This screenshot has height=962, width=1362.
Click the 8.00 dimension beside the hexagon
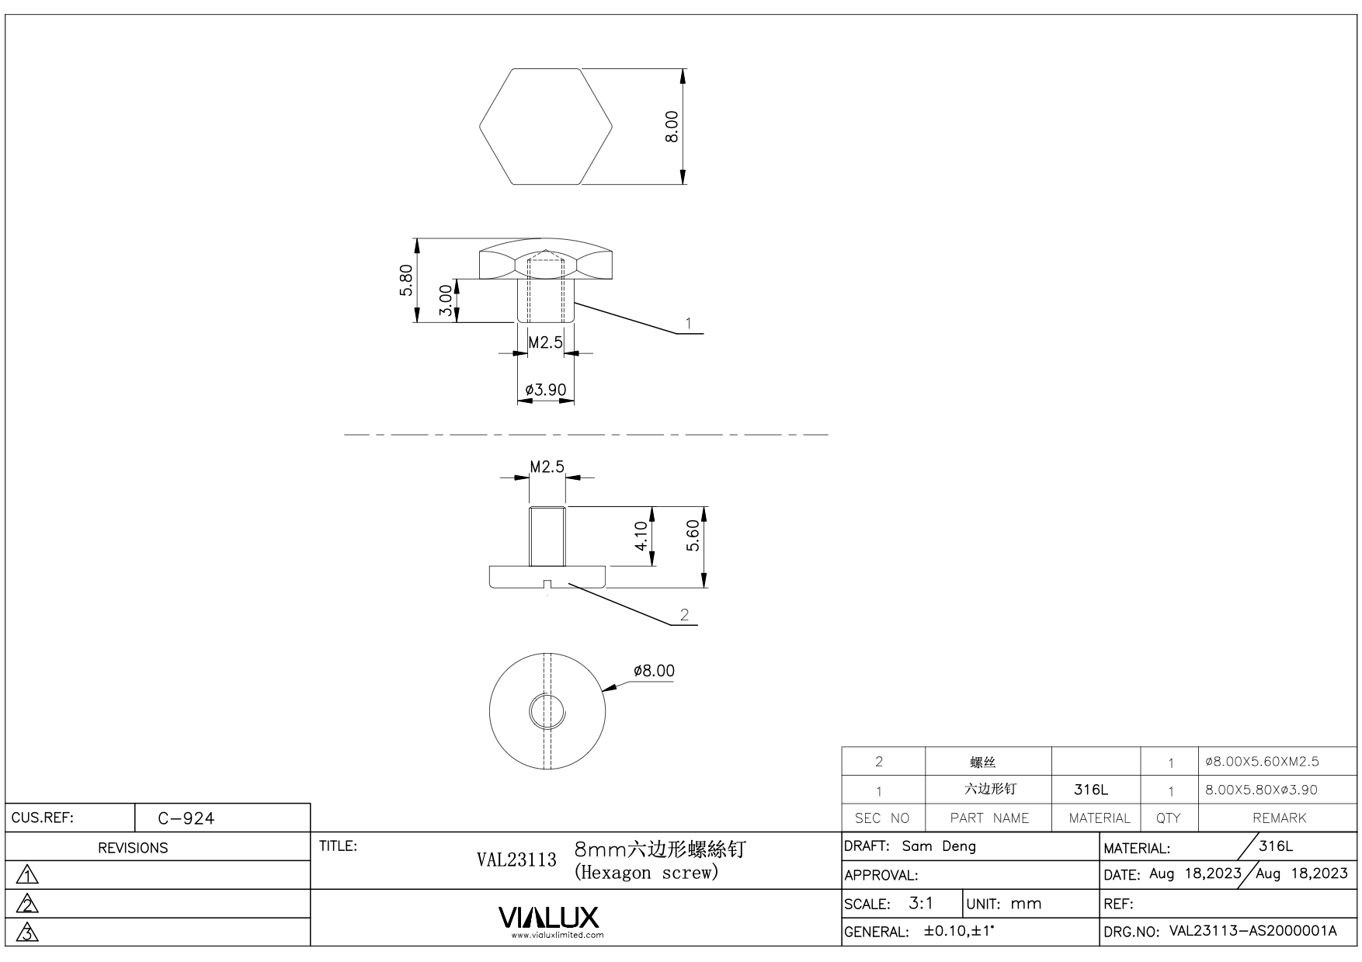(x=672, y=127)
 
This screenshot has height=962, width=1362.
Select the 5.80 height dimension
(x=405, y=280)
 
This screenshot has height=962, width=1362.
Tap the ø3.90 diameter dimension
(x=545, y=390)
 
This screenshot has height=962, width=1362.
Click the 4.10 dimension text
(x=641, y=536)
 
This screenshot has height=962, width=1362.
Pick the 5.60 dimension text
(x=693, y=536)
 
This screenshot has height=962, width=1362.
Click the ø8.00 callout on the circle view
(x=654, y=671)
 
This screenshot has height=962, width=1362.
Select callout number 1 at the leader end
(x=688, y=323)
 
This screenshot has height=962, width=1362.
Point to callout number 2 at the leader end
(x=684, y=615)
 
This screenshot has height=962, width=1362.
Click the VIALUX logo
(x=548, y=918)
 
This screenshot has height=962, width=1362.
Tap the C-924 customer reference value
(x=186, y=818)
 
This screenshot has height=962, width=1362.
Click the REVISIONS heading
(x=133, y=848)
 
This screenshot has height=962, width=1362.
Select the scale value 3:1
(x=921, y=903)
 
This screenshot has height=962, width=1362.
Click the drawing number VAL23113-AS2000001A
(x=1253, y=931)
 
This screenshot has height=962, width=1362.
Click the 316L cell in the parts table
(x=1091, y=790)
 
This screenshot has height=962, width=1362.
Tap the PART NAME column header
(x=989, y=818)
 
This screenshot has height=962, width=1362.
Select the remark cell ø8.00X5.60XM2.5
(x=1262, y=762)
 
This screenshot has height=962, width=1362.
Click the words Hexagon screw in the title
(x=645, y=873)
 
